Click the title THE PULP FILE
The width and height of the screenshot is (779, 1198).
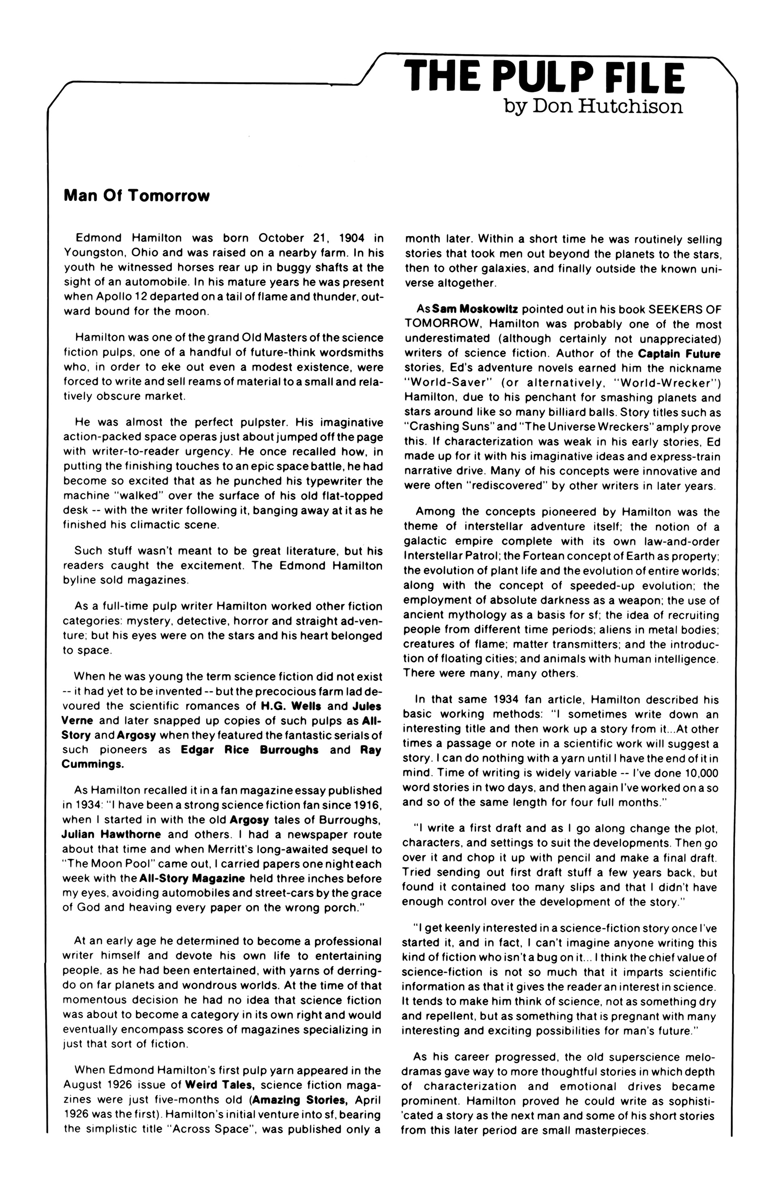[x=547, y=77]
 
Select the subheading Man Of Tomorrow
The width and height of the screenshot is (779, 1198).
[x=136, y=195]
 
